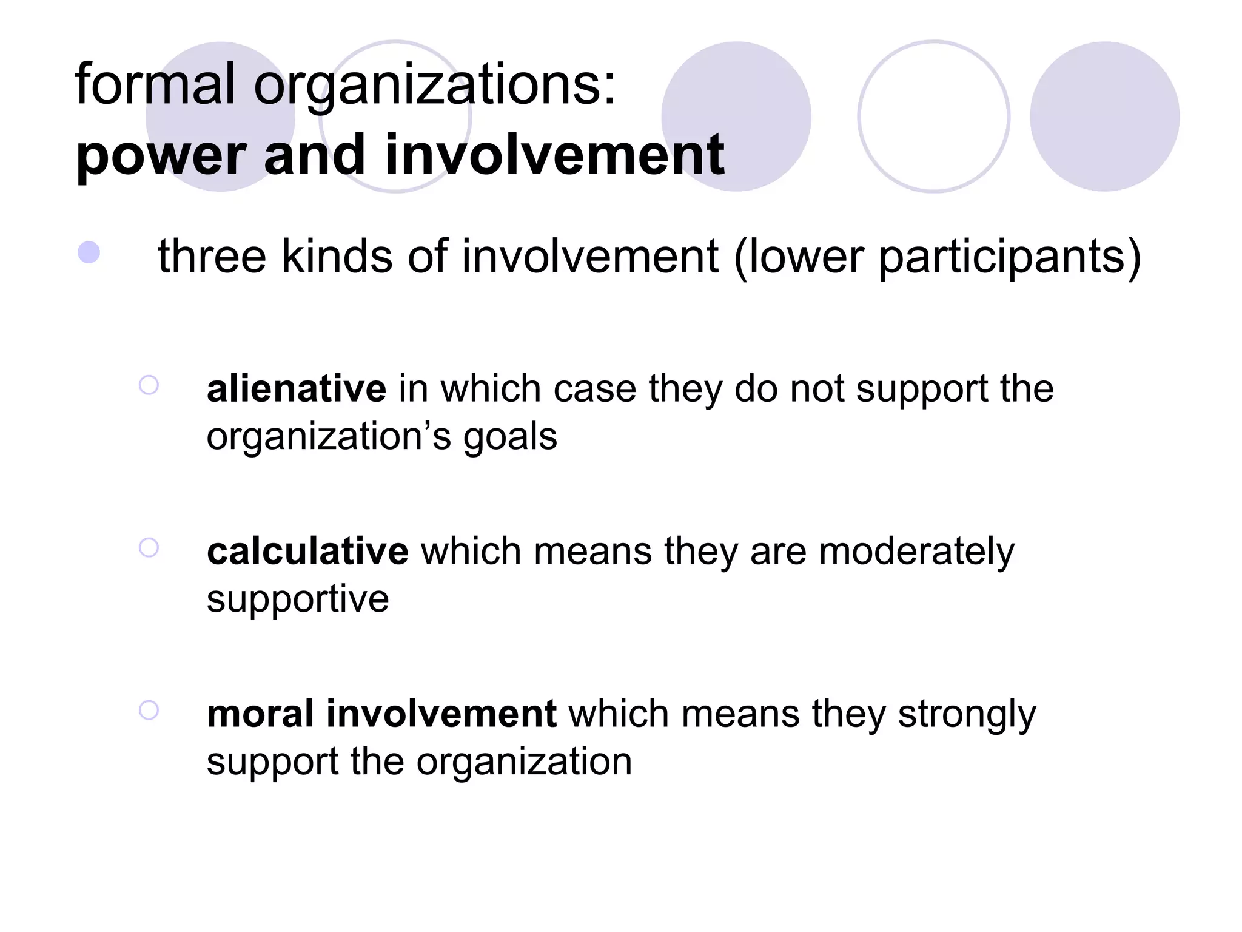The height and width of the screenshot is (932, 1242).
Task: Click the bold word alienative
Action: tap(296, 388)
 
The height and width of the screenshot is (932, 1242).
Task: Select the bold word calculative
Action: tap(307, 551)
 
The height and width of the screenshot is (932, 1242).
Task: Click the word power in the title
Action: tap(161, 155)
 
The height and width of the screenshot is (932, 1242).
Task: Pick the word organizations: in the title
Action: tap(434, 85)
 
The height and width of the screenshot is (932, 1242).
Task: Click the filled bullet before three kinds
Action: tap(89, 252)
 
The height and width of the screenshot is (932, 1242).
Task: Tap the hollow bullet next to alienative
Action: tap(149, 385)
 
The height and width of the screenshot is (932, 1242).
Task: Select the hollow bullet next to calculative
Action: tap(149, 547)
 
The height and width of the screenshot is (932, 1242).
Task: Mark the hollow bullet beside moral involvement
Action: tap(149, 710)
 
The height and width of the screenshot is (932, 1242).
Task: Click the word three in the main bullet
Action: tap(212, 256)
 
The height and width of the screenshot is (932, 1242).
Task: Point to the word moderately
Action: tap(916, 552)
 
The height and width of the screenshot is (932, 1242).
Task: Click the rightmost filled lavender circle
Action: tap(1104, 116)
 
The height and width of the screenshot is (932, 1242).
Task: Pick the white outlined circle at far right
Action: tap(933, 116)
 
